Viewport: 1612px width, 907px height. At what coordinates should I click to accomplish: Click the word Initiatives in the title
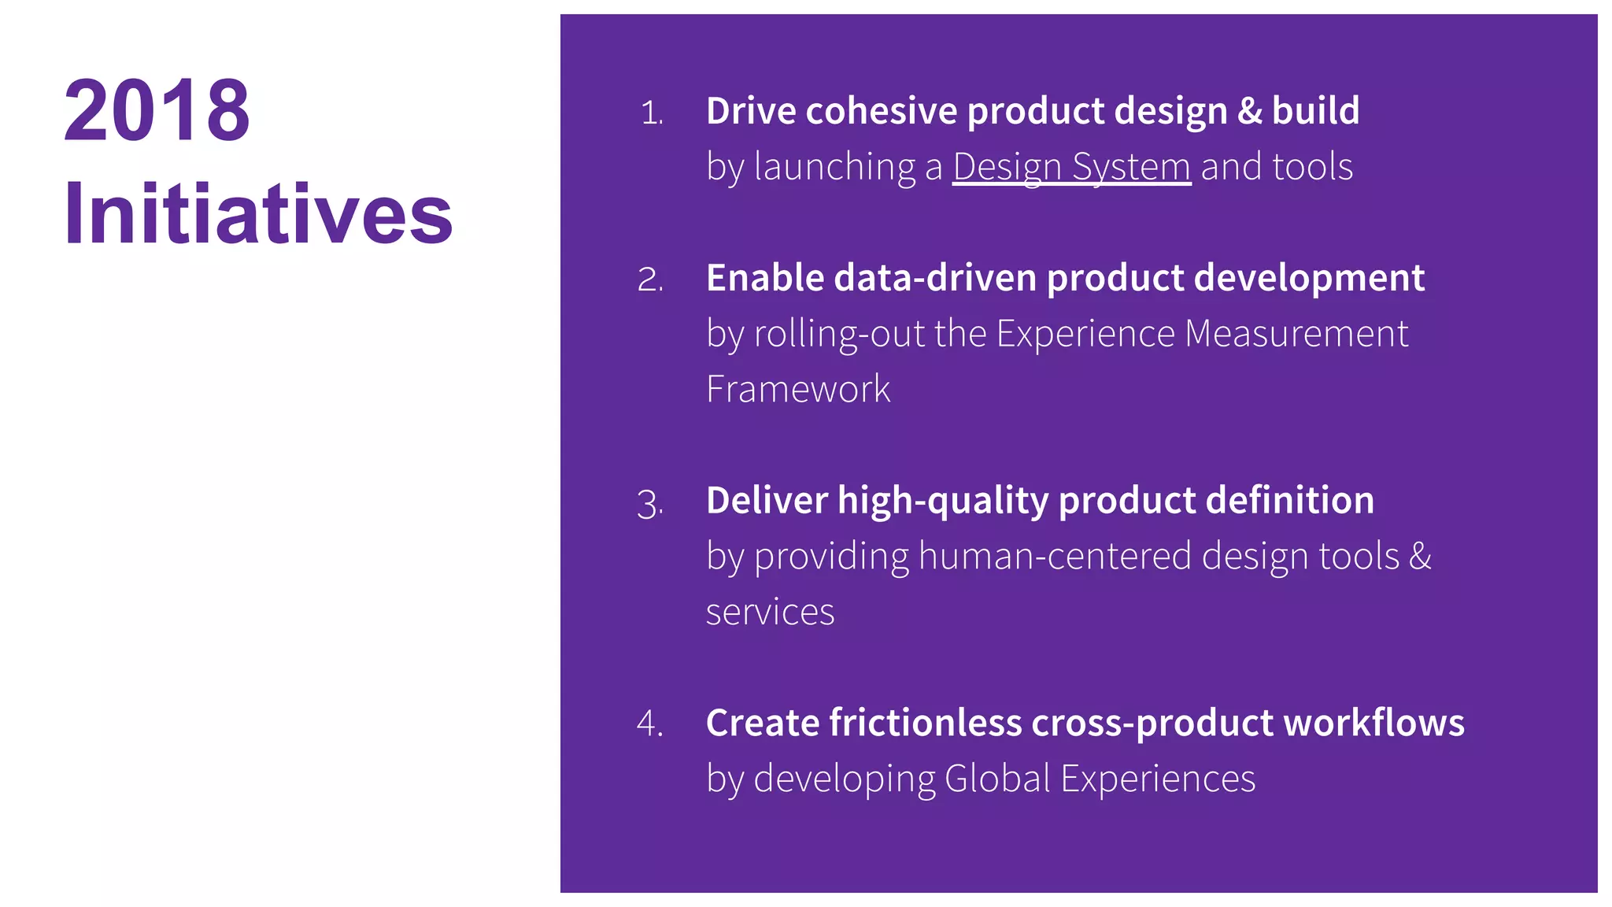point(258,214)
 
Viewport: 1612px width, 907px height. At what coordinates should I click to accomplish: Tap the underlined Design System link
point(1071,167)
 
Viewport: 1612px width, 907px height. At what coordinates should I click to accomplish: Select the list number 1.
point(652,113)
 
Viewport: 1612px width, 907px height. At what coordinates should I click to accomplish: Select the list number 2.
point(650,280)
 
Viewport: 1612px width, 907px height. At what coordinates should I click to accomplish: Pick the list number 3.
point(650,504)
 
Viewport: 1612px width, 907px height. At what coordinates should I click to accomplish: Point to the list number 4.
point(650,724)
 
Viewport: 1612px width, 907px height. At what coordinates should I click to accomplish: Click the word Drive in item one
point(751,111)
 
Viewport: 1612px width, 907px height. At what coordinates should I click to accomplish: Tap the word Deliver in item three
point(767,501)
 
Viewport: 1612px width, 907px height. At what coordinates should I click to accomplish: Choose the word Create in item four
point(761,723)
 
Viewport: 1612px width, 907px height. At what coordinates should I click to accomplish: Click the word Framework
point(797,389)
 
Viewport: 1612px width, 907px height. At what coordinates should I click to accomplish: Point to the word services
point(770,613)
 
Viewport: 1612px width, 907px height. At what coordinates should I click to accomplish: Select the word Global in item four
point(997,779)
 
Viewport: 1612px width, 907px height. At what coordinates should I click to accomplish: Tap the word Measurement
point(1296,334)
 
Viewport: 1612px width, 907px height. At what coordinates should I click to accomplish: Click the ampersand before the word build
point(1250,111)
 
